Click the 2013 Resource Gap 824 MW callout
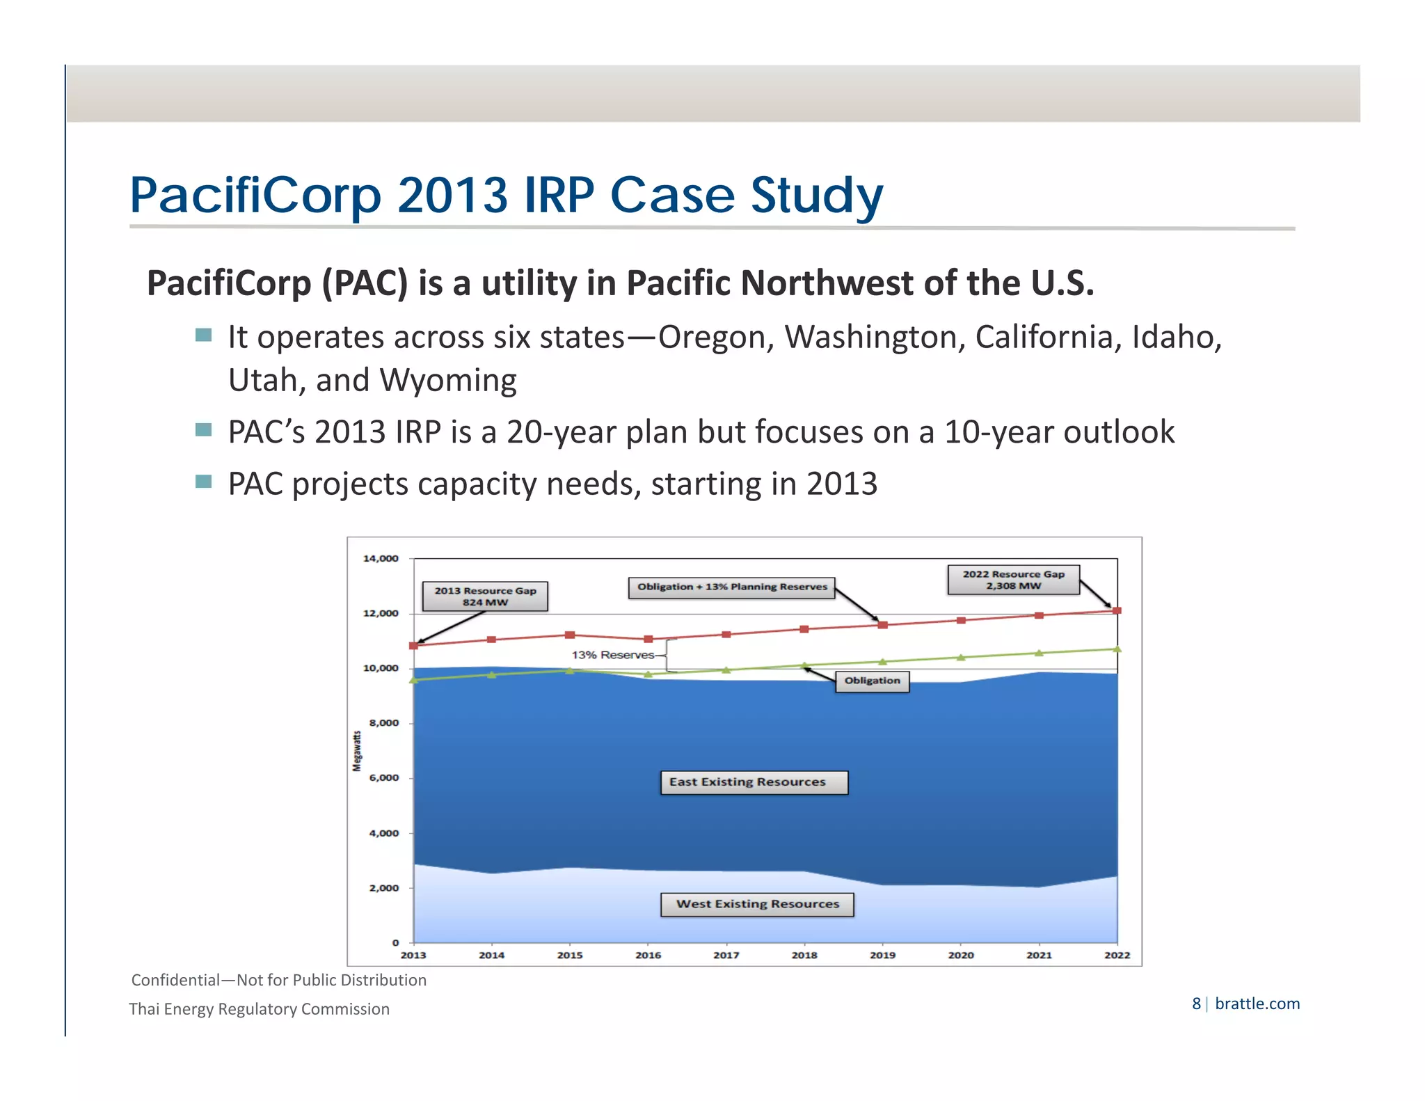pyautogui.click(x=485, y=596)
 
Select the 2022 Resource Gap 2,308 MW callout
pyautogui.click(x=1013, y=580)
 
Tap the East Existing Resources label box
pyautogui.click(x=754, y=782)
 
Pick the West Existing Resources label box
pyautogui.click(x=757, y=904)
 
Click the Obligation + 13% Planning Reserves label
pyautogui.click(x=732, y=587)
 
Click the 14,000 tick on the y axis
pyautogui.click(x=381, y=558)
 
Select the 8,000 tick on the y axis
pyautogui.click(x=383, y=723)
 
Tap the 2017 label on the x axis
pyautogui.click(x=726, y=955)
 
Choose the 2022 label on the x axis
pyautogui.click(x=1117, y=955)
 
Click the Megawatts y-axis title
pyautogui.click(x=357, y=750)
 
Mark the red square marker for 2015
pyautogui.click(x=570, y=635)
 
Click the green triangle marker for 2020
pyautogui.click(x=961, y=657)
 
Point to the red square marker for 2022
pyautogui.click(x=1117, y=610)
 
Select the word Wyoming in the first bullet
pyautogui.click(x=447, y=381)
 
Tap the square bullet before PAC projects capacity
pyautogui.click(x=203, y=482)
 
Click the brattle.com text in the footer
pyautogui.click(x=1257, y=1004)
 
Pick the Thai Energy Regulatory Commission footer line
pyautogui.click(x=259, y=1009)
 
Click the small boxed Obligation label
pyautogui.click(x=872, y=681)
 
